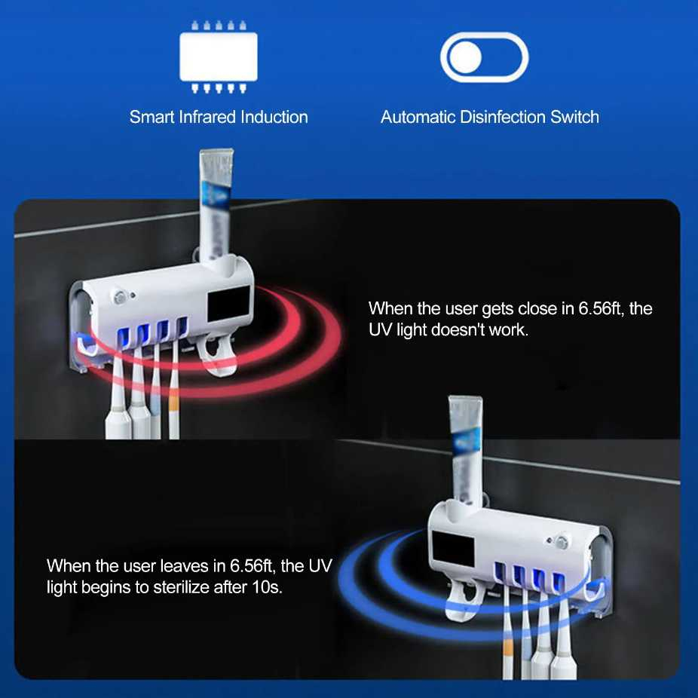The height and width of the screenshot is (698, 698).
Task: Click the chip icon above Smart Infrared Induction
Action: pos(218,57)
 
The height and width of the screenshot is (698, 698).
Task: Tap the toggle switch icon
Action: pos(485,57)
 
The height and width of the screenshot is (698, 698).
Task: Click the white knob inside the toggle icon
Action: pos(465,57)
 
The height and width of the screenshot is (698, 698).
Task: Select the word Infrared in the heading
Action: pos(207,117)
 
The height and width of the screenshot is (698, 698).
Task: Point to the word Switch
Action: pos(574,117)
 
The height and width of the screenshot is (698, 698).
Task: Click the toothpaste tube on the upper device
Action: pos(216,205)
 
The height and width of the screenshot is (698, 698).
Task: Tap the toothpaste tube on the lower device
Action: pos(465,449)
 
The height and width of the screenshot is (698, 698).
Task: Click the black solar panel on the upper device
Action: pos(229,303)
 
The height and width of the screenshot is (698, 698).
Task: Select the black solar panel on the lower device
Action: pos(453,549)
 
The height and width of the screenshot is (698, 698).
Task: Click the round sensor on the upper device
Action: pos(119,298)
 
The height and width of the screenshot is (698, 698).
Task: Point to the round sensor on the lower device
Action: pos(562,542)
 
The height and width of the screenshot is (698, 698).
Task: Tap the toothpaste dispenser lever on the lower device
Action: pos(465,600)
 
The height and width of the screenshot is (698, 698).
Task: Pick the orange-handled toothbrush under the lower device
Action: pos(507,632)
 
